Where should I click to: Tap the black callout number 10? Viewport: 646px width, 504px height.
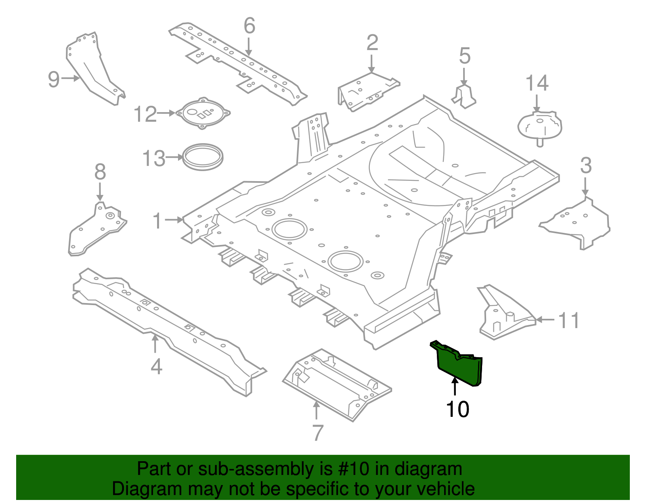tap(457, 409)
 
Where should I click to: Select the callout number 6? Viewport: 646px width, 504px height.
tap(250, 26)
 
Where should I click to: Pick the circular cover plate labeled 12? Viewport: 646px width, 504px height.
tap(203, 113)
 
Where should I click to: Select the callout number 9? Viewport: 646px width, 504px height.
tap(54, 79)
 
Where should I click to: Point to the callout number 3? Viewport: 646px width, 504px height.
tap(585, 166)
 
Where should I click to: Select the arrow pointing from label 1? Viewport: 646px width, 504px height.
tap(174, 220)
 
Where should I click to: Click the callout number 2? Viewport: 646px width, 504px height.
tap(372, 43)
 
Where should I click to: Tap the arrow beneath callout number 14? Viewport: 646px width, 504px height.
tap(537, 103)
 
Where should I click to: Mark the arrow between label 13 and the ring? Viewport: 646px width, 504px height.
tap(174, 157)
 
